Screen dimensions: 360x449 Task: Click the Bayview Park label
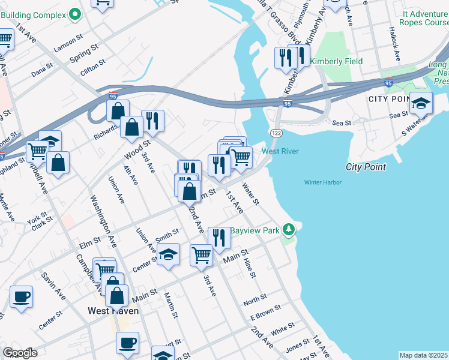point(256,230)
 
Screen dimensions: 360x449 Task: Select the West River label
point(280,151)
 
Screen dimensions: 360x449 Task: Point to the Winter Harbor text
point(322,182)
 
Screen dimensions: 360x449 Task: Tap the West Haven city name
point(113,311)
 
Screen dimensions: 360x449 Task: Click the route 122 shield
point(276,131)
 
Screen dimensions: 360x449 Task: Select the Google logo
point(20,352)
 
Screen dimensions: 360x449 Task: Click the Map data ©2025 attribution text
point(423,355)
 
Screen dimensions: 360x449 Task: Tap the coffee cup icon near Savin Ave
point(22,296)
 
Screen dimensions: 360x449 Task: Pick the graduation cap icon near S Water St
point(421,103)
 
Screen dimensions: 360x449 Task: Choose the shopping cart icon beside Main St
point(201,254)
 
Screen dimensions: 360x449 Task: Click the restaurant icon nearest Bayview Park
point(219,237)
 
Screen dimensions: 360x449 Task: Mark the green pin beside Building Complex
point(75,14)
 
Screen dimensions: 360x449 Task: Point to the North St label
point(255,299)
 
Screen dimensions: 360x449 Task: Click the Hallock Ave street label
point(394,43)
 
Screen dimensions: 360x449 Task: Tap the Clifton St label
point(93,65)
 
